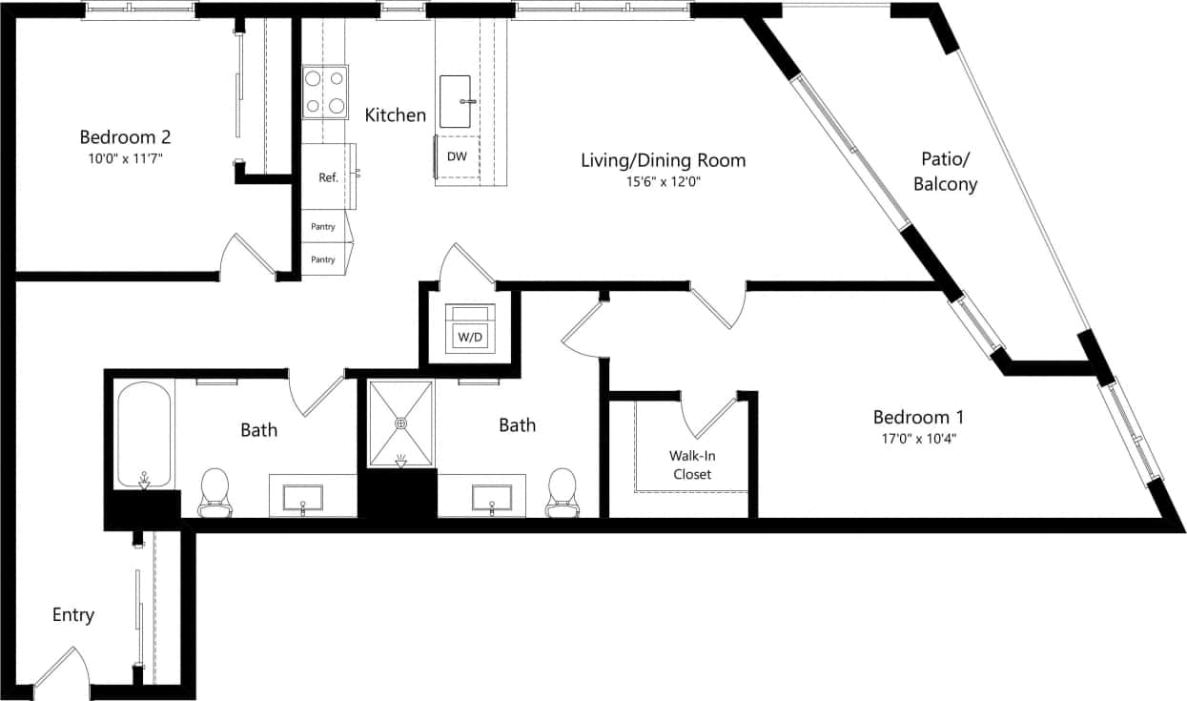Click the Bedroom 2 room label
point(125,136)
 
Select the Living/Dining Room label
point(663,160)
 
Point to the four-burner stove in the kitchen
point(325,93)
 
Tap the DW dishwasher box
point(458,156)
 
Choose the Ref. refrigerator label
point(329,176)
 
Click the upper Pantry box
point(324,227)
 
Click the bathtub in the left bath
point(144,434)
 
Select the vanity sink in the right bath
point(492,499)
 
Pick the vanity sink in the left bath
point(302,499)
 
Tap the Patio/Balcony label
point(945,172)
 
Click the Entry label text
point(73,615)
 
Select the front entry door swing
point(63,668)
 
